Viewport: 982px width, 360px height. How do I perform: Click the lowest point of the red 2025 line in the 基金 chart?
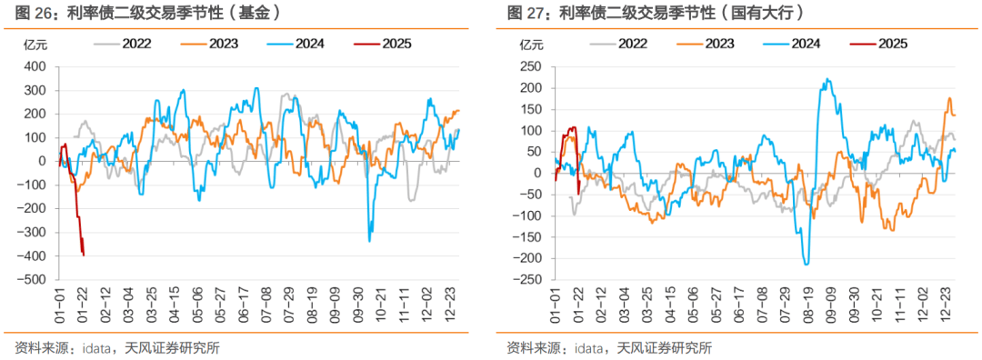(84, 255)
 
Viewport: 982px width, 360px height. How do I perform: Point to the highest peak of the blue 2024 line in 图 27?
(827, 79)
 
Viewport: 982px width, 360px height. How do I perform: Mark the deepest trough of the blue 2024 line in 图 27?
(807, 264)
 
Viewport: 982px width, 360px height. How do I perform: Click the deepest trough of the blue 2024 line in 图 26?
(369, 240)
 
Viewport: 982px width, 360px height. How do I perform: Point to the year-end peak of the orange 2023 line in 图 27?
(949, 98)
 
